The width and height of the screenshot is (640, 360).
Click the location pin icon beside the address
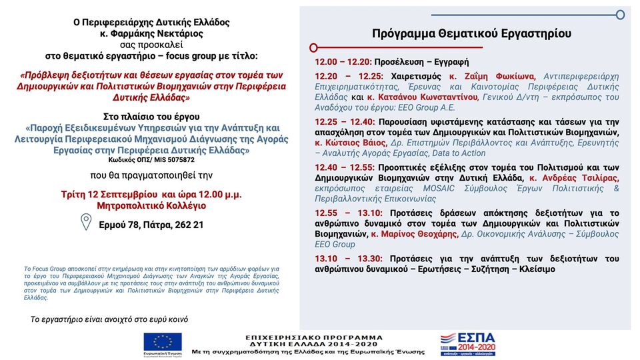tap(85, 222)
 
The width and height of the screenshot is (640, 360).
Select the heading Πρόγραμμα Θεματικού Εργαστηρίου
tap(471, 33)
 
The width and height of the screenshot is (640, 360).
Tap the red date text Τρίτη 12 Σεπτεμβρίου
tap(113, 194)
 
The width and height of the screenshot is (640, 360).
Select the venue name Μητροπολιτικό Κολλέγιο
tap(151, 205)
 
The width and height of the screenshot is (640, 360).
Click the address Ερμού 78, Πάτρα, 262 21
tap(151, 225)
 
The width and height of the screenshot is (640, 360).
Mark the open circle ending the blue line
tap(620, 15)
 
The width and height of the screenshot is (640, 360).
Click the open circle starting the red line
tap(313, 47)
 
